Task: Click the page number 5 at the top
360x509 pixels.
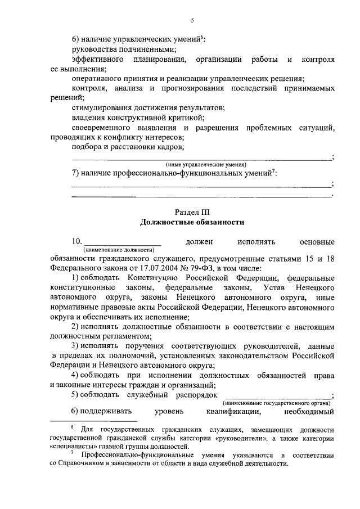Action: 192,21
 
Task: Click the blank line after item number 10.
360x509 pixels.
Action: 122,242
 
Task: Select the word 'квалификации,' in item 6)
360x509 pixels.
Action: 229,411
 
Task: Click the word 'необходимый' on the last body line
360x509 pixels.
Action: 309,411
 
